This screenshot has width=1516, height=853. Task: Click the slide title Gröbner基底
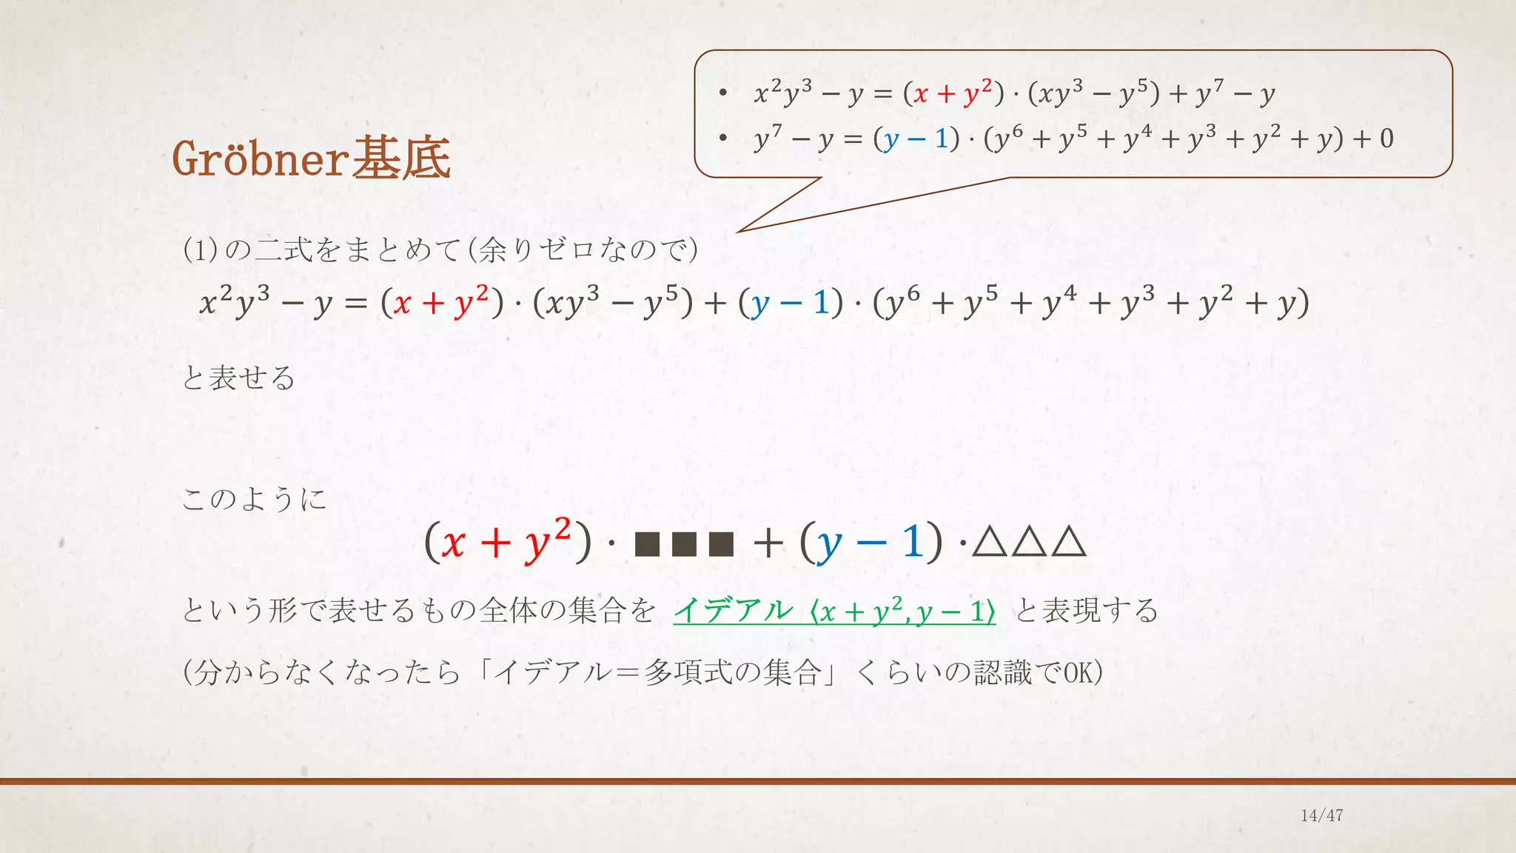[x=311, y=158]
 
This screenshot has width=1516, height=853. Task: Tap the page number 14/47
[x=1321, y=815]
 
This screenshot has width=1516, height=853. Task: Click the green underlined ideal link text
[x=834, y=612]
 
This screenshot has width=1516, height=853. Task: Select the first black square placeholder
[x=647, y=544]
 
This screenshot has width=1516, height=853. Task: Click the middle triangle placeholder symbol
[x=1029, y=541]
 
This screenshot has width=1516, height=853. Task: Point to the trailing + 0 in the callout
[x=1378, y=138]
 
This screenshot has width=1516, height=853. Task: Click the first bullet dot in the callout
[x=723, y=93]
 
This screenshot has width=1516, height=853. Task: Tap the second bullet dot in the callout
[x=723, y=138]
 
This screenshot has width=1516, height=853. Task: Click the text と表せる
[x=238, y=378]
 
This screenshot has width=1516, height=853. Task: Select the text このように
[x=254, y=499]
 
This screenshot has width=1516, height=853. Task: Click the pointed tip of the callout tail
[x=739, y=231]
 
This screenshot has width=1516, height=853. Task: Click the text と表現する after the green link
[x=1086, y=612]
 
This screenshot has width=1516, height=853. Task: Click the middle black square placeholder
[x=684, y=544]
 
